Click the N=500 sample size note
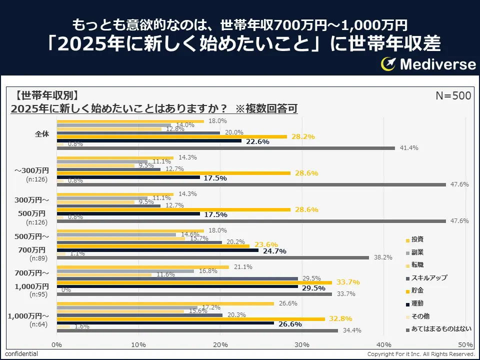pyautogui.click(x=453, y=95)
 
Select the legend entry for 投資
pyautogui.click(x=417, y=239)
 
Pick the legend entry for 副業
pyautogui.click(x=417, y=252)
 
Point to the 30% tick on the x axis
pyautogui.click(x=302, y=344)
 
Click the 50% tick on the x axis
pyautogui.click(x=465, y=344)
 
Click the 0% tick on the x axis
pyautogui.click(x=57, y=344)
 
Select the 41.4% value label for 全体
pyautogui.click(x=409, y=148)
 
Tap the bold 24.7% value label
pyautogui.click(x=274, y=251)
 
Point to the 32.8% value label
pyautogui.click(x=340, y=318)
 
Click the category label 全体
pyautogui.click(x=42, y=134)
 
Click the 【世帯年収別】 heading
pyautogui.click(x=46, y=95)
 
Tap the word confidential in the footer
pyautogui.click(x=21, y=354)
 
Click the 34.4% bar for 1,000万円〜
pyautogui.click(x=197, y=330)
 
